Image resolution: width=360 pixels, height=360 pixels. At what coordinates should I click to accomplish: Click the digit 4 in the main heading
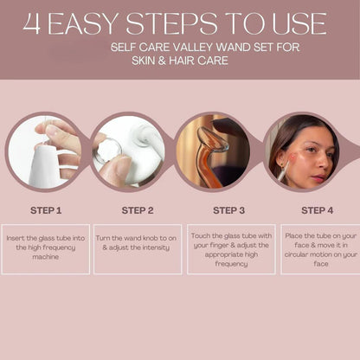(31, 23)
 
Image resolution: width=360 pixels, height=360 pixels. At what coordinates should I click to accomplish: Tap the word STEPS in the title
(171, 23)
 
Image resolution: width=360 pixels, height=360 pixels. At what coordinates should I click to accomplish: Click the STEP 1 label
(46, 210)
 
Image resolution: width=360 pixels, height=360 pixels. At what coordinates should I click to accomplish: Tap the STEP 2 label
(138, 210)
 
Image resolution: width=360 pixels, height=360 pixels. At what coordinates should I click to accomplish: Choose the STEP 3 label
(228, 210)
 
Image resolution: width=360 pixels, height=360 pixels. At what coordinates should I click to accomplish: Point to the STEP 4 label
(318, 210)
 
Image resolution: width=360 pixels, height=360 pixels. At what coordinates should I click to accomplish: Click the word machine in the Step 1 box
(46, 257)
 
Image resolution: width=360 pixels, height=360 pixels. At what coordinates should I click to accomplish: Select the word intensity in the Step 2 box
(154, 247)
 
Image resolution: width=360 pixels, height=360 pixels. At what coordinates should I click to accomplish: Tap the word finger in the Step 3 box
(218, 246)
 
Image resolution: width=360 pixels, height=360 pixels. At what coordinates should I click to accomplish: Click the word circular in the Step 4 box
(295, 254)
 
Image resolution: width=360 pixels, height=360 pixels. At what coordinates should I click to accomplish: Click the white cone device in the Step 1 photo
(43, 166)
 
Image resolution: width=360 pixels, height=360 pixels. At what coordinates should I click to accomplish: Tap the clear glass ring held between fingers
(107, 152)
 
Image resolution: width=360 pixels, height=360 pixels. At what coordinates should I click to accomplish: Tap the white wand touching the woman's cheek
(283, 171)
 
